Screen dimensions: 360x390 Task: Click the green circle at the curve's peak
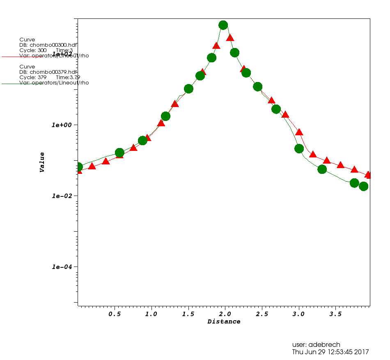pyautogui.click(x=223, y=25)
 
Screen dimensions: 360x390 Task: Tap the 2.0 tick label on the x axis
pyautogui.click(x=225, y=314)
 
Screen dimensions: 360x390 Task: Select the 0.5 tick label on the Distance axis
pyautogui.click(x=114, y=314)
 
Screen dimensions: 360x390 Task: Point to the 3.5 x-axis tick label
pyautogui.click(x=335, y=314)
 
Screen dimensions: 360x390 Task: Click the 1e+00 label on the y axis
pyautogui.click(x=62, y=125)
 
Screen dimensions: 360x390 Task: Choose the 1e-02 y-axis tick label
pyautogui.click(x=62, y=196)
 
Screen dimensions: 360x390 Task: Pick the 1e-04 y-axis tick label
pyautogui.click(x=62, y=267)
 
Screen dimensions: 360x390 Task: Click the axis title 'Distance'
pyautogui.click(x=224, y=322)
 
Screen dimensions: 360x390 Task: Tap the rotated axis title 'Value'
pyautogui.click(x=42, y=162)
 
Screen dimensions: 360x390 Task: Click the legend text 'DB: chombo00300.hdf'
pyautogui.click(x=48, y=45)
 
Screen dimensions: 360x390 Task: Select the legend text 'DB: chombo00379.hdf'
pyautogui.click(x=48, y=72)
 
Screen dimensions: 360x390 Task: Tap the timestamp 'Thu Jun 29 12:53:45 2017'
pyautogui.click(x=330, y=352)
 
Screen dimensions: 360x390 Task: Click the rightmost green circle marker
pyautogui.click(x=363, y=186)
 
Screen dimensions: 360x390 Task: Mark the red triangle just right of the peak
pyautogui.click(x=230, y=38)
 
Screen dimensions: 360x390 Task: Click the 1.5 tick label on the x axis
pyautogui.click(x=188, y=314)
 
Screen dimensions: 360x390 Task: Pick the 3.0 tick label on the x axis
pyautogui.click(x=298, y=314)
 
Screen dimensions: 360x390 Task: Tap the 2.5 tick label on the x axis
pyautogui.click(x=262, y=314)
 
